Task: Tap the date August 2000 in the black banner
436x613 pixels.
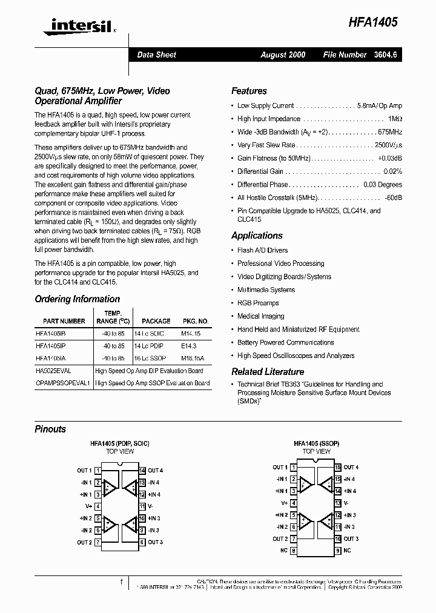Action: (x=283, y=55)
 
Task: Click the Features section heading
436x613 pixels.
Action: (x=249, y=91)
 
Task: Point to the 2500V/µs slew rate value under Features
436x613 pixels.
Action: (x=388, y=145)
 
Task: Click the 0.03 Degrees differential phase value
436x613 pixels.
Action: (x=382, y=185)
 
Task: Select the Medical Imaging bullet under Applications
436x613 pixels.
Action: (x=261, y=316)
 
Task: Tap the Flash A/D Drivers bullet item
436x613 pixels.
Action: (x=262, y=250)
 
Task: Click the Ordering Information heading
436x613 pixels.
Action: (x=77, y=299)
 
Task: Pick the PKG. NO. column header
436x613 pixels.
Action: (x=194, y=321)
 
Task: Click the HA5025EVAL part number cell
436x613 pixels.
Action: (x=54, y=371)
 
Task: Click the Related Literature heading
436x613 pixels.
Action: (x=267, y=372)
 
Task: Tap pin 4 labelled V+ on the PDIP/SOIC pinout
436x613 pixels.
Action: (x=89, y=506)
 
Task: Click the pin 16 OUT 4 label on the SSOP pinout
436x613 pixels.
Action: (x=351, y=468)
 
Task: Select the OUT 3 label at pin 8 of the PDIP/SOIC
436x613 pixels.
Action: (x=155, y=542)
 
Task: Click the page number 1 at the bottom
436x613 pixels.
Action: (x=121, y=582)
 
